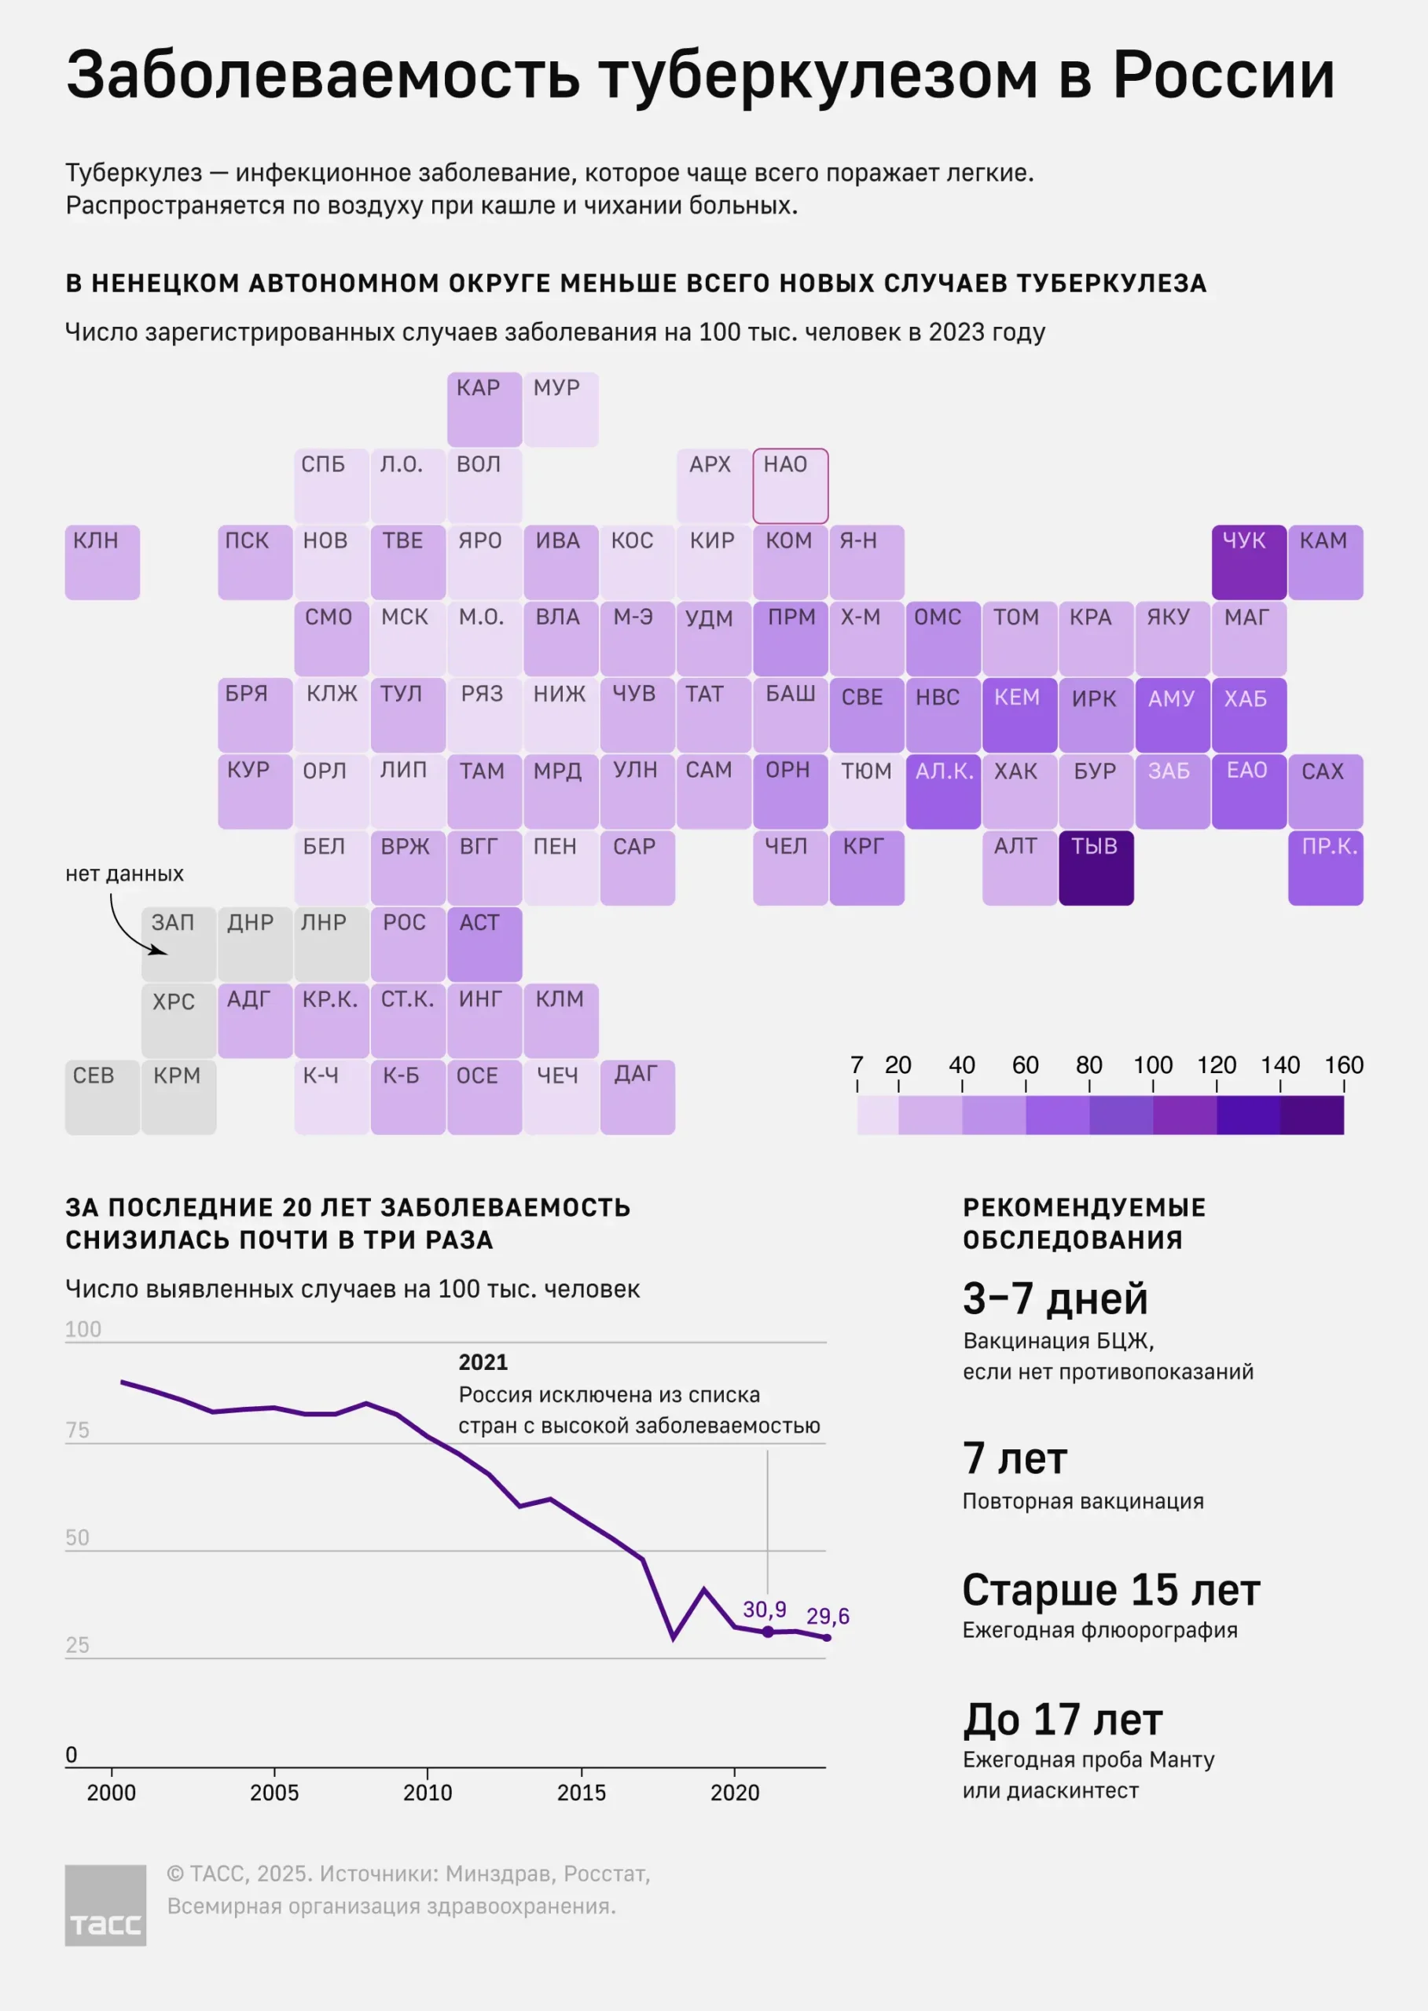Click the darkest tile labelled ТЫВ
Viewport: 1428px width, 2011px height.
point(1096,867)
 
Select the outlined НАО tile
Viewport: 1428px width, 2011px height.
point(790,486)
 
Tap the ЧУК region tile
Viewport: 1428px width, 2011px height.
point(1249,562)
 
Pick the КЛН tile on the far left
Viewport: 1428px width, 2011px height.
point(102,562)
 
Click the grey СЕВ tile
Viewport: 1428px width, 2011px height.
point(102,1097)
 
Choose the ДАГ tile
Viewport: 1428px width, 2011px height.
point(637,1097)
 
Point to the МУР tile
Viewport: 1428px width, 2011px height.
point(561,409)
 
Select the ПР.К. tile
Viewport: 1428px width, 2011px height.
point(1325,867)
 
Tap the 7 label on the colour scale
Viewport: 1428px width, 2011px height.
point(857,1065)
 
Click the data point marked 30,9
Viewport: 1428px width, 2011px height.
point(768,1632)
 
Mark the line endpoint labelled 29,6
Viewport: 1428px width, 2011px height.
point(827,1637)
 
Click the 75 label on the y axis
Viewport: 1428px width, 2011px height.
point(77,1430)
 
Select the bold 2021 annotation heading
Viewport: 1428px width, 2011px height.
point(483,1362)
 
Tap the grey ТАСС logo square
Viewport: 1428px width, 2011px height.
point(105,1906)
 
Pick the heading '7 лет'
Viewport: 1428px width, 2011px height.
point(1015,1459)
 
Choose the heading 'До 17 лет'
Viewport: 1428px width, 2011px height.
point(1063,1720)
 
